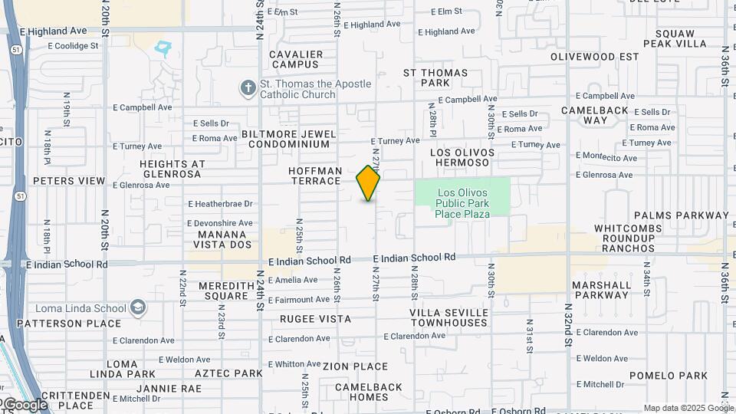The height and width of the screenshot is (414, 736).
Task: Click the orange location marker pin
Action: point(368,183)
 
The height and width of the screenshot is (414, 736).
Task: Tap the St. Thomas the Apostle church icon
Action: point(248,88)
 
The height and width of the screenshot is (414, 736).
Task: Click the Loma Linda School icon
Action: point(138,308)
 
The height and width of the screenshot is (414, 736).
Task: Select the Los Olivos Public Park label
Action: point(462,203)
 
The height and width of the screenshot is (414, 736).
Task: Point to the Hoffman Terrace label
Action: point(315,176)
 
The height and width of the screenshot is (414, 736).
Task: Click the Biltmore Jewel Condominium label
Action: point(288,139)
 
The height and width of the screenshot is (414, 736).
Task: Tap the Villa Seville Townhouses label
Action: point(449,317)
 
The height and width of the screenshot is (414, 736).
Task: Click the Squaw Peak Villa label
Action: point(675,38)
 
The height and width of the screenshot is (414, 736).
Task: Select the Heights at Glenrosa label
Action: point(172,169)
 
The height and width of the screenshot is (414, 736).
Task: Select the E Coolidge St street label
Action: point(74,46)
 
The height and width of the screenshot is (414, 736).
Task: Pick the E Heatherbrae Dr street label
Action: point(220,203)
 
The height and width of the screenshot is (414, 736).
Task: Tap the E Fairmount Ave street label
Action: point(299,299)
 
